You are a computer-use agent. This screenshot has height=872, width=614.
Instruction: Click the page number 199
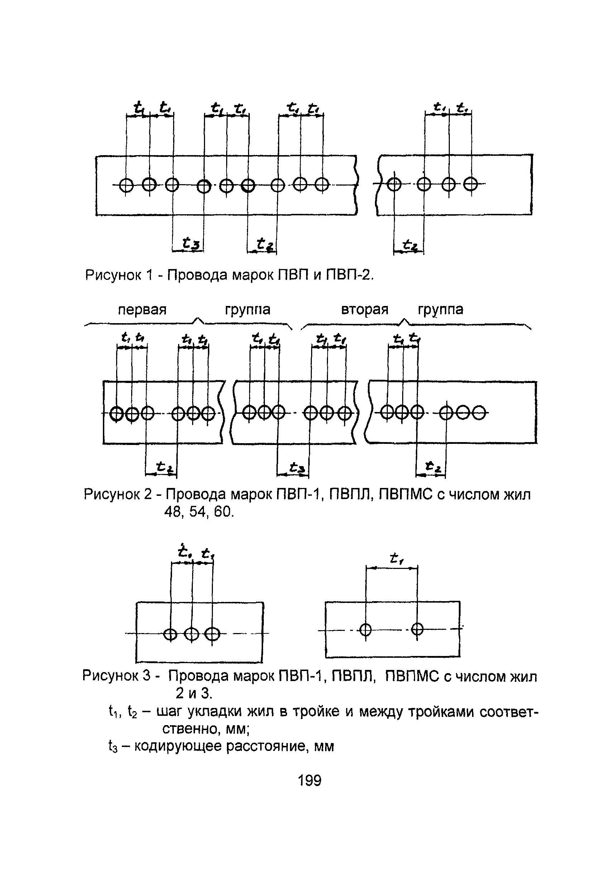click(309, 781)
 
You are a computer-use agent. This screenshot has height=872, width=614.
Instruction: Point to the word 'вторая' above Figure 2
click(365, 310)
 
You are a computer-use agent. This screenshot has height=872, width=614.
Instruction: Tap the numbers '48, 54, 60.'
click(199, 512)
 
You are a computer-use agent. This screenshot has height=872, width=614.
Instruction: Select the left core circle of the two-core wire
click(365, 630)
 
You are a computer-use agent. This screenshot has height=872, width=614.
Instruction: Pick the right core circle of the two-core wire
click(417, 629)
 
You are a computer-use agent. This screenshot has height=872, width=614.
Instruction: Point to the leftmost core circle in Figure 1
click(126, 185)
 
